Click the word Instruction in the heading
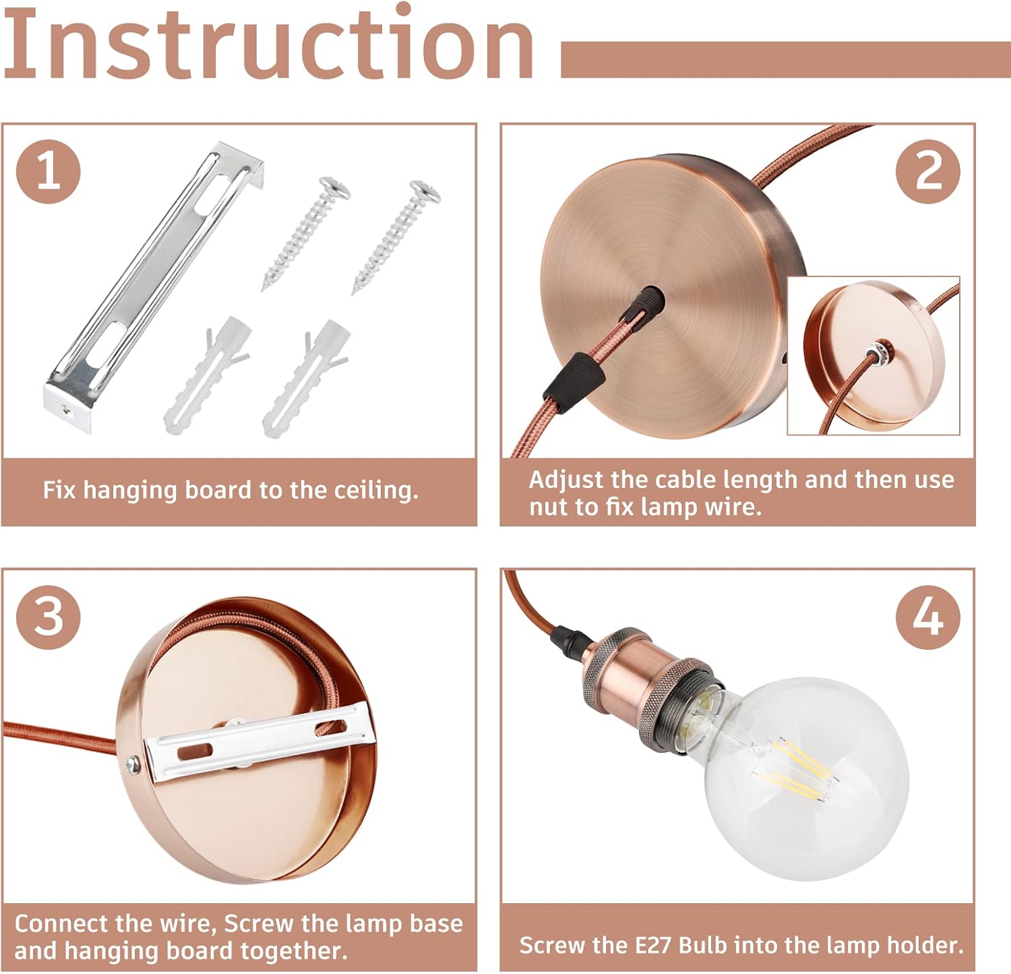pos(268,42)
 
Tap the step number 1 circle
pos(48,171)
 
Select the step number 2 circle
pos(928,171)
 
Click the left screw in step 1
pos(307,233)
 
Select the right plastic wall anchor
pos(306,379)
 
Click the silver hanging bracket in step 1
pos(154,286)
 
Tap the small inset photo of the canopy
pos(874,355)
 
